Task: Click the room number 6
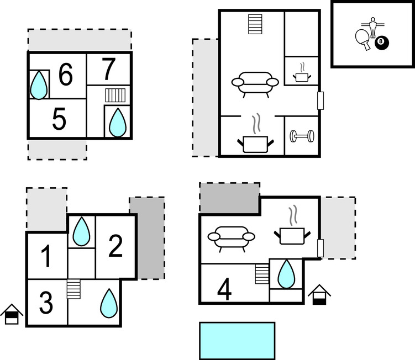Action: coord(65,76)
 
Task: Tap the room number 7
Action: coord(109,69)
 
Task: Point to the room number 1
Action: coord(46,257)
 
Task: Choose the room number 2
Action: coord(115,246)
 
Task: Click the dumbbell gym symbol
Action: coord(302,136)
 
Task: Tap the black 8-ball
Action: coord(381,42)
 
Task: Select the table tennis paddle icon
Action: coord(363,38)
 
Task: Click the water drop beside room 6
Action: coord(39,86)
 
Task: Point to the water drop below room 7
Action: coord(118,122)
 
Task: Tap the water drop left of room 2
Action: coord(82,231)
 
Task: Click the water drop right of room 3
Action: coord(109,303)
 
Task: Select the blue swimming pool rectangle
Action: coord(237,341)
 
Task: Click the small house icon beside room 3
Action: coord(11,314)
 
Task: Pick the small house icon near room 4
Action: coord(318,294)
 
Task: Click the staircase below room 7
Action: coord(116,95)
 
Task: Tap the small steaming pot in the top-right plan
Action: coord(302,75)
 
